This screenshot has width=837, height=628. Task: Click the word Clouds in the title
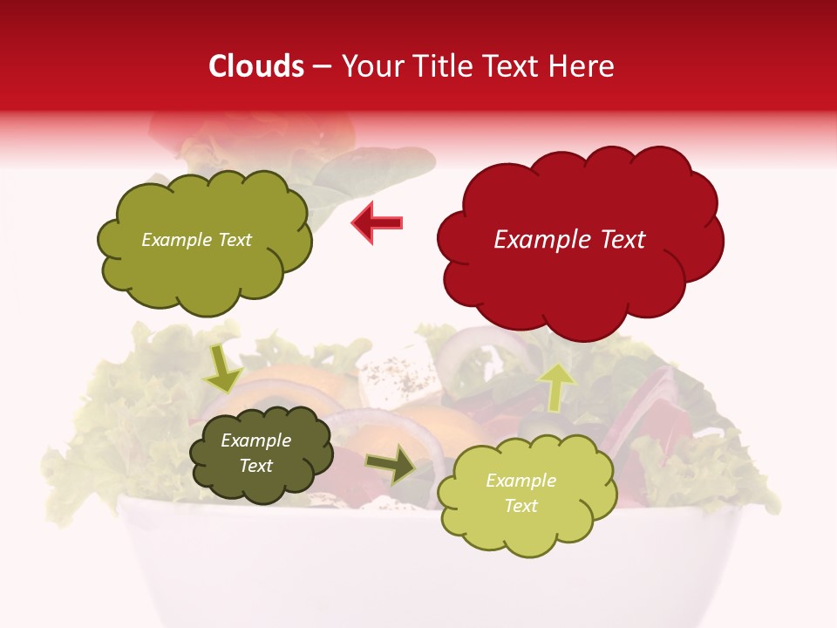click(x=256, y=66)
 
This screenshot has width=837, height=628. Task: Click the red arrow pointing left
click(x=378, y=222)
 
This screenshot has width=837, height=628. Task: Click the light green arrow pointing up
click(x=555, y=386)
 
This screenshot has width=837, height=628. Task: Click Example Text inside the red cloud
click(x=569, y=240)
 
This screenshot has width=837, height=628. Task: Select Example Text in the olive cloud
click(x=196, y=240)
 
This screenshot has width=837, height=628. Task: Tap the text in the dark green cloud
click(x=256, y=454)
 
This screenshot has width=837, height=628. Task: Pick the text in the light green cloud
click(x=521, y=493)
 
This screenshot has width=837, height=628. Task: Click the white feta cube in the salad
click(x=392, y=366)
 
